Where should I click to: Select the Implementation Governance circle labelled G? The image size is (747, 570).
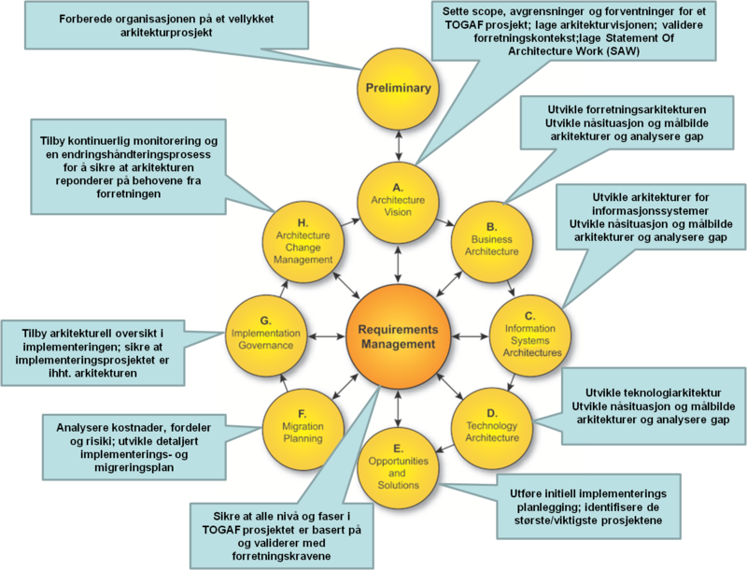click(x=267, y=332)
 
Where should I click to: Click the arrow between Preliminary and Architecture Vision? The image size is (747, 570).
click(x=399, y=144)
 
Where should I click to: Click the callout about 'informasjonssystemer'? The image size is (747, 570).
click(x=650, y=221)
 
